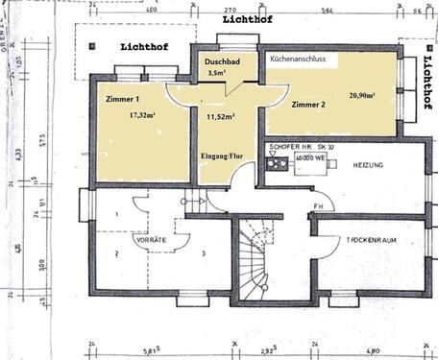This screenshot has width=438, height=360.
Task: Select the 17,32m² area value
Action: click(x=142, y=114)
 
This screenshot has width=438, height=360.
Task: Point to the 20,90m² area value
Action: click(x=362, y=95)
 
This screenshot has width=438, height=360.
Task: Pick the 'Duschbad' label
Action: click(x=223, y=60)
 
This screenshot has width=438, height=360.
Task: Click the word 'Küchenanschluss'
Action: click(x=298, y=60)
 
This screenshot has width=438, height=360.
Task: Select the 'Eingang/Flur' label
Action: click(x=222, y=155)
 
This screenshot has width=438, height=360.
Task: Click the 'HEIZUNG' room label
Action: click(x=370, y=165)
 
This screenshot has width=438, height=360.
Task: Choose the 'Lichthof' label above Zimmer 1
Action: click(x=143, y=46)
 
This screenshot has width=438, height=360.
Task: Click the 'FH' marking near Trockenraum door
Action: click(x=317, y=207)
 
